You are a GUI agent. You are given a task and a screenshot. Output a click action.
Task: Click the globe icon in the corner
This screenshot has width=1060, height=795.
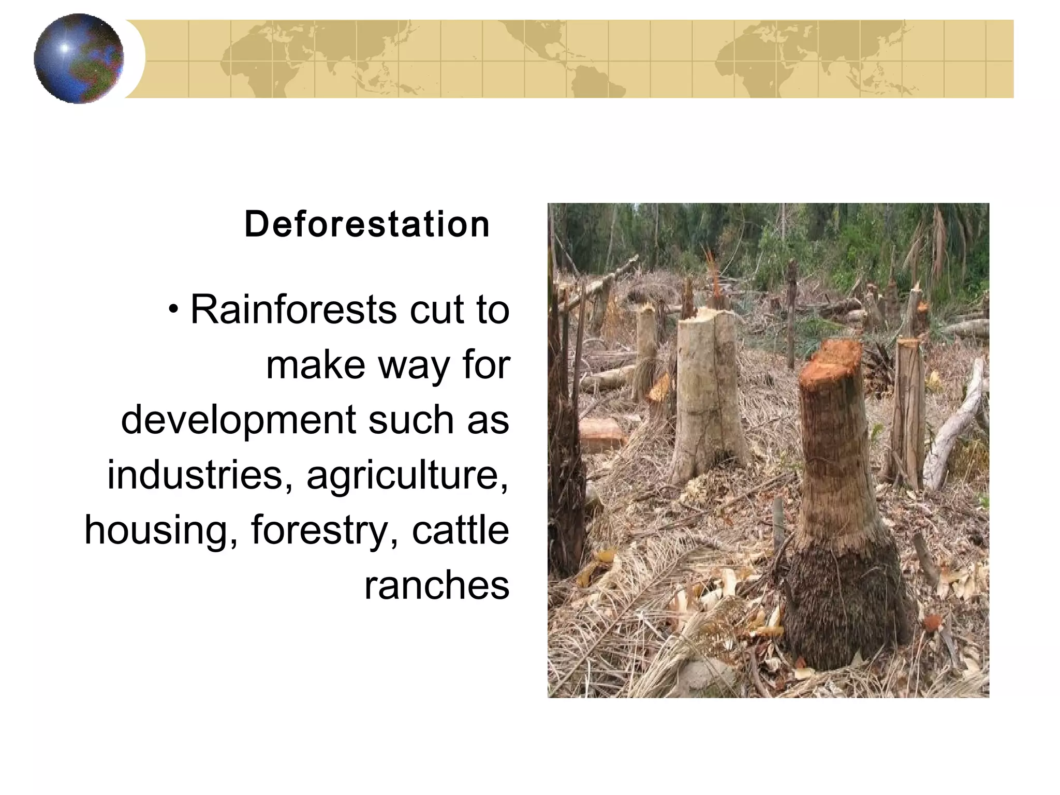(79, 58)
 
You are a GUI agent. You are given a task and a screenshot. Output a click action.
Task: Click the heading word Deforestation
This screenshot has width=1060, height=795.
(366, 225)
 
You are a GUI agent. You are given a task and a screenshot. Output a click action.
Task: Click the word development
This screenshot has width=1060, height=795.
(238, 420)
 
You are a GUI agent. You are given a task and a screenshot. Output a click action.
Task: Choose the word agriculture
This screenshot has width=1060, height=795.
(407, 476)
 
